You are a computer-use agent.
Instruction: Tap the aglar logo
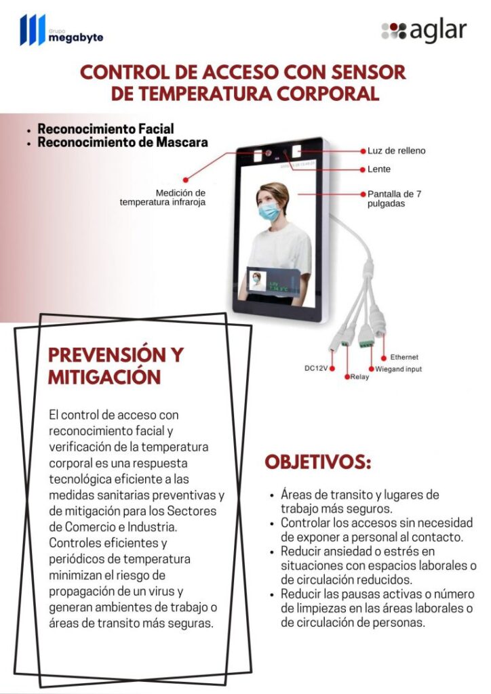point(424,31)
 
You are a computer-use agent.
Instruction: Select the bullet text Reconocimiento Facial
point(105,129)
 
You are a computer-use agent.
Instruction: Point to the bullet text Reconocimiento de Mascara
point(122,142)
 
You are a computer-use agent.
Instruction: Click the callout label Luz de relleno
point(397,150)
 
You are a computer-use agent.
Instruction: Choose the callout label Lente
point(379,169)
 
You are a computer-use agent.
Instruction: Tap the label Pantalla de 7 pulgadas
point(394,198)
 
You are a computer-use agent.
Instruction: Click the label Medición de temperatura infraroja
point(163,197)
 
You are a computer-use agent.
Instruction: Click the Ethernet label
point(404,356)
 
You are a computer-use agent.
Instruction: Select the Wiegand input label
point(399,369)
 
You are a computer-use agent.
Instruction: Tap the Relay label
point(360,377)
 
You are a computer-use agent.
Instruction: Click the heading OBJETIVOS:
point(317,462)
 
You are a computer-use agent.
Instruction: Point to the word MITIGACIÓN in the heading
point(104,377)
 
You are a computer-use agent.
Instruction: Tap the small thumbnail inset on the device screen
point(257,280)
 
